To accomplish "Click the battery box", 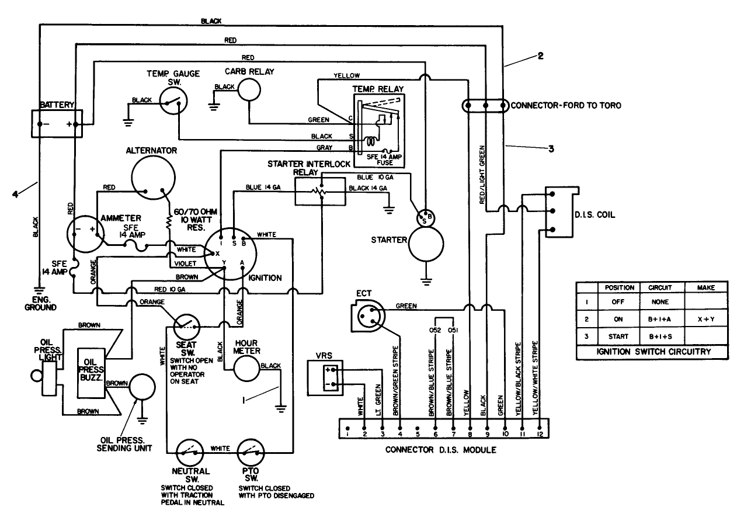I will click(x=57, y=123).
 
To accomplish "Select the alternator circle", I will click(x=154, y=178).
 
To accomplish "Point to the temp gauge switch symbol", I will click(x=174, y=103).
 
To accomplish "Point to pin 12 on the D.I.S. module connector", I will click(x=540, y=433).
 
